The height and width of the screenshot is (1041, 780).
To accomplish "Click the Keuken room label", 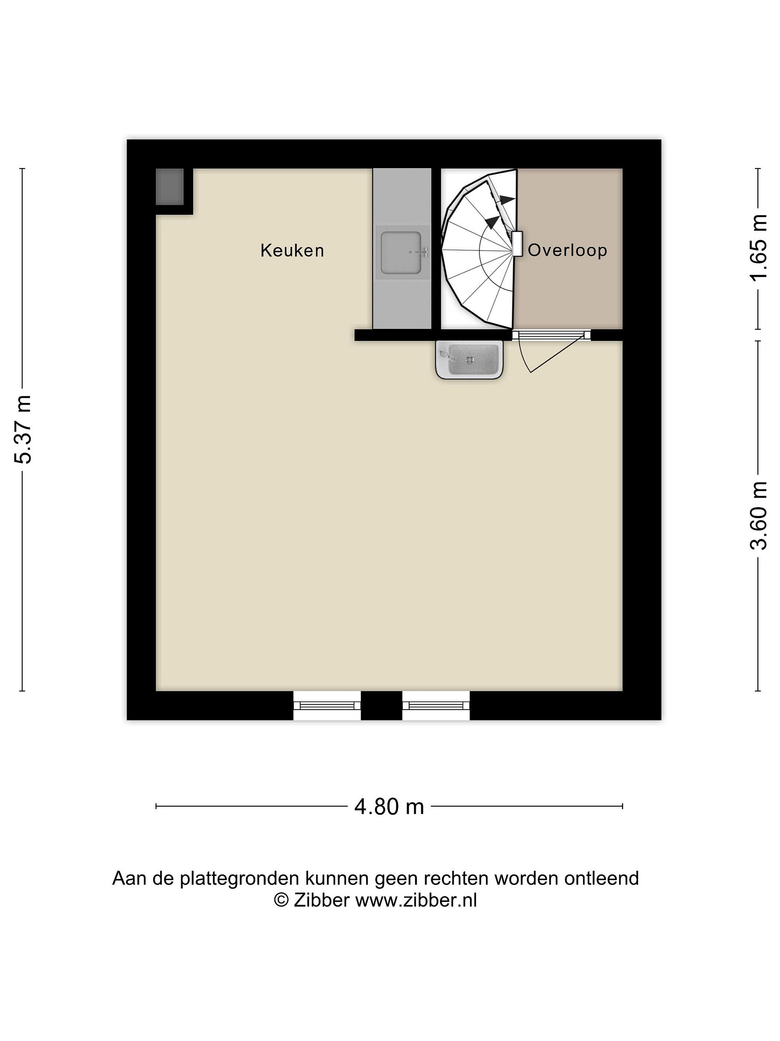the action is [x=292, y=250].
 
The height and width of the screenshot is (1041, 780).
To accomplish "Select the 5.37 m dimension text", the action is [x=22, y=429].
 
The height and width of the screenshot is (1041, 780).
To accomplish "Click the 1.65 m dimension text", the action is [x=758, y=248].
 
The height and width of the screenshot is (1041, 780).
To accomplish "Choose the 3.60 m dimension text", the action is [x=758, y=515].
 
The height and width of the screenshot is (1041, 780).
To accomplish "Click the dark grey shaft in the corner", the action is [x=169, y=187].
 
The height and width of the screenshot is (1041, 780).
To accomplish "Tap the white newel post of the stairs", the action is [x=517, y=244].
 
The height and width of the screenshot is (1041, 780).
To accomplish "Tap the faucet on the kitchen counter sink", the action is [x=420, y=252].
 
